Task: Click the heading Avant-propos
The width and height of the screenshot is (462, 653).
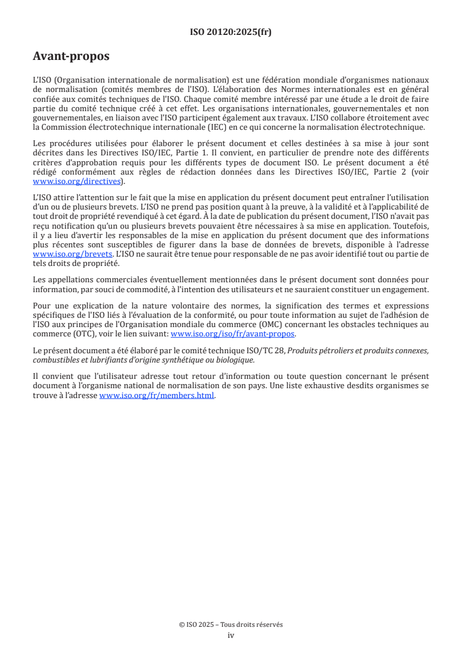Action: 71,56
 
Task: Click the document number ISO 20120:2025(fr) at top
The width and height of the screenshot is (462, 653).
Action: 231,32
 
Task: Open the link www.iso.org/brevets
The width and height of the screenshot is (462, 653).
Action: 72,255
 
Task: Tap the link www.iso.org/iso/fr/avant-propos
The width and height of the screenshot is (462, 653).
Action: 232,334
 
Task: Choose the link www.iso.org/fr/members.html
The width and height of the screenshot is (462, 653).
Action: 157,395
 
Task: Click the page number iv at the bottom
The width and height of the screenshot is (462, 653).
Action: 231,635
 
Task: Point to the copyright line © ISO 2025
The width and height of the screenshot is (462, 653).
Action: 231,624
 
